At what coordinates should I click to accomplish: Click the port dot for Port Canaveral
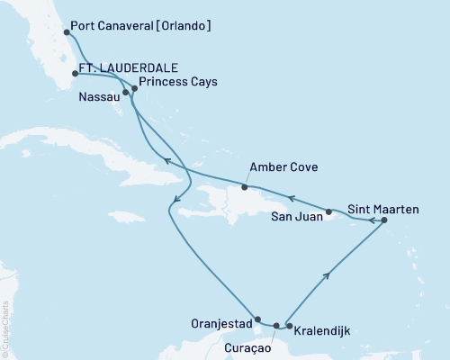tap(67, 32)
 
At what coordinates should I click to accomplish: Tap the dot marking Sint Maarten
tap(384, 220)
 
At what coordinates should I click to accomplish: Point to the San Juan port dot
tap(329, 212)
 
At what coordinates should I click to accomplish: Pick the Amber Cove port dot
tap(244, 187)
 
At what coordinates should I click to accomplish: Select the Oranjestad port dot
tap(258, 319)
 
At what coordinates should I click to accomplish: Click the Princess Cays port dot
tap(134, 87)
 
